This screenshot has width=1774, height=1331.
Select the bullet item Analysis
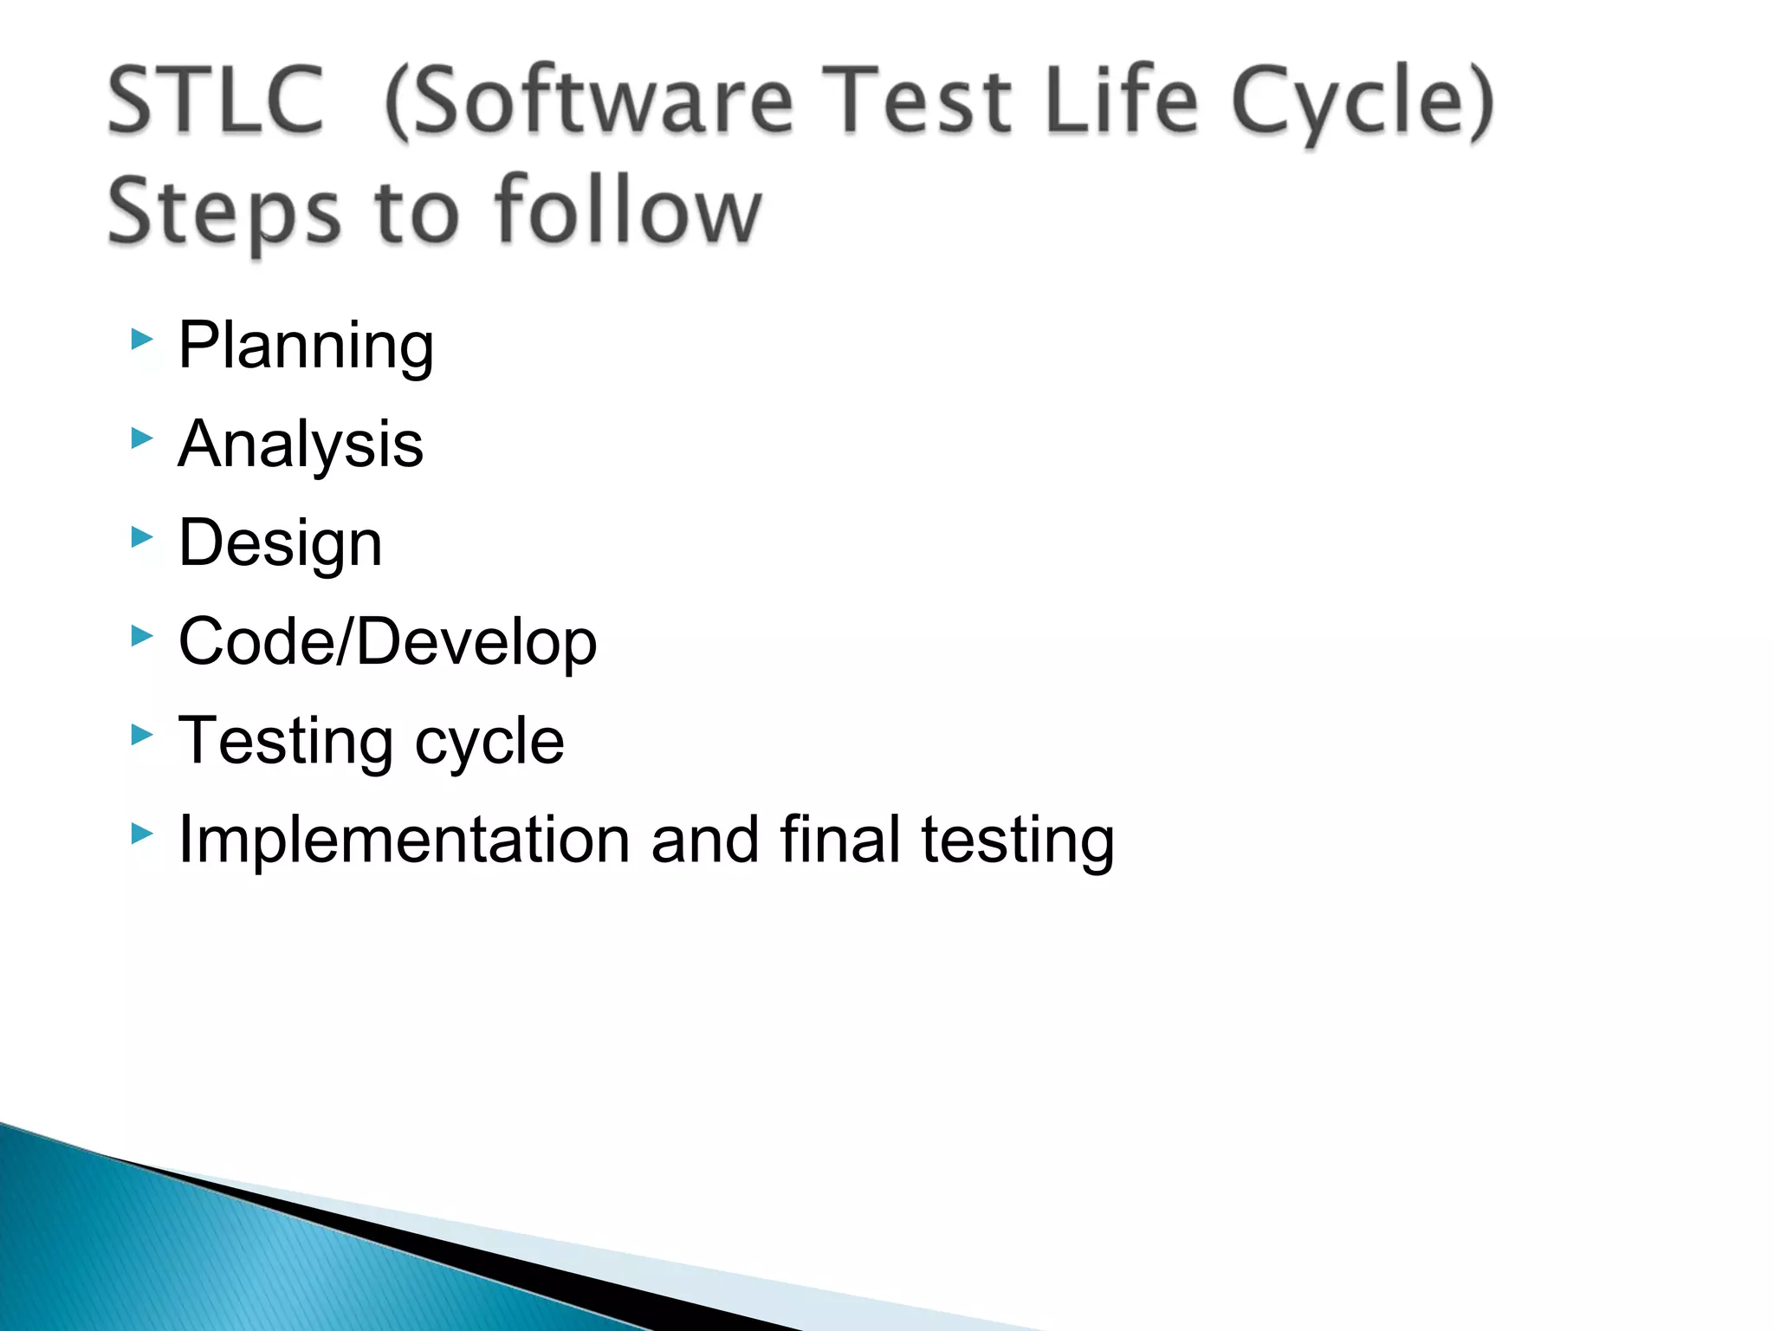pyautogui.click(x=301, y=444)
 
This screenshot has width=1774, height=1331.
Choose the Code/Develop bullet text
pyautogui.click(x=387, y=642)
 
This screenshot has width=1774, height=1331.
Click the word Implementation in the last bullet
pyautogui.click(x=404, y=840)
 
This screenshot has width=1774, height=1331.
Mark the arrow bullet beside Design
pyautogui.click(x=142, y=537)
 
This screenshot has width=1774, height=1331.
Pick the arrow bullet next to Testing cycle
pyautogui.click(x=142, y=736)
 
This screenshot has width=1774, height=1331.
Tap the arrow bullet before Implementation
pyautogui.click(x=142, y=834)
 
